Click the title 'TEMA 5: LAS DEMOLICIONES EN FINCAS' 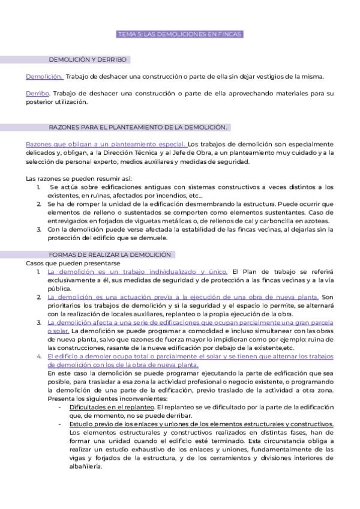coord(179,35)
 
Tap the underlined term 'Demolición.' coord(44,76)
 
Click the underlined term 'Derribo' coord(37,94)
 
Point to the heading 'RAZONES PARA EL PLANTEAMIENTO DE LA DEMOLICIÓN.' coord(137,127)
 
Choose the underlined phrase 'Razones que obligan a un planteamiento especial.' coord(106,144)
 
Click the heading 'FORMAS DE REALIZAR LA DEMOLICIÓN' coord(109,255)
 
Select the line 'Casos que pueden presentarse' coord(73,263)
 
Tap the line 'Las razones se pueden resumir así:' coord(79,179)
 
